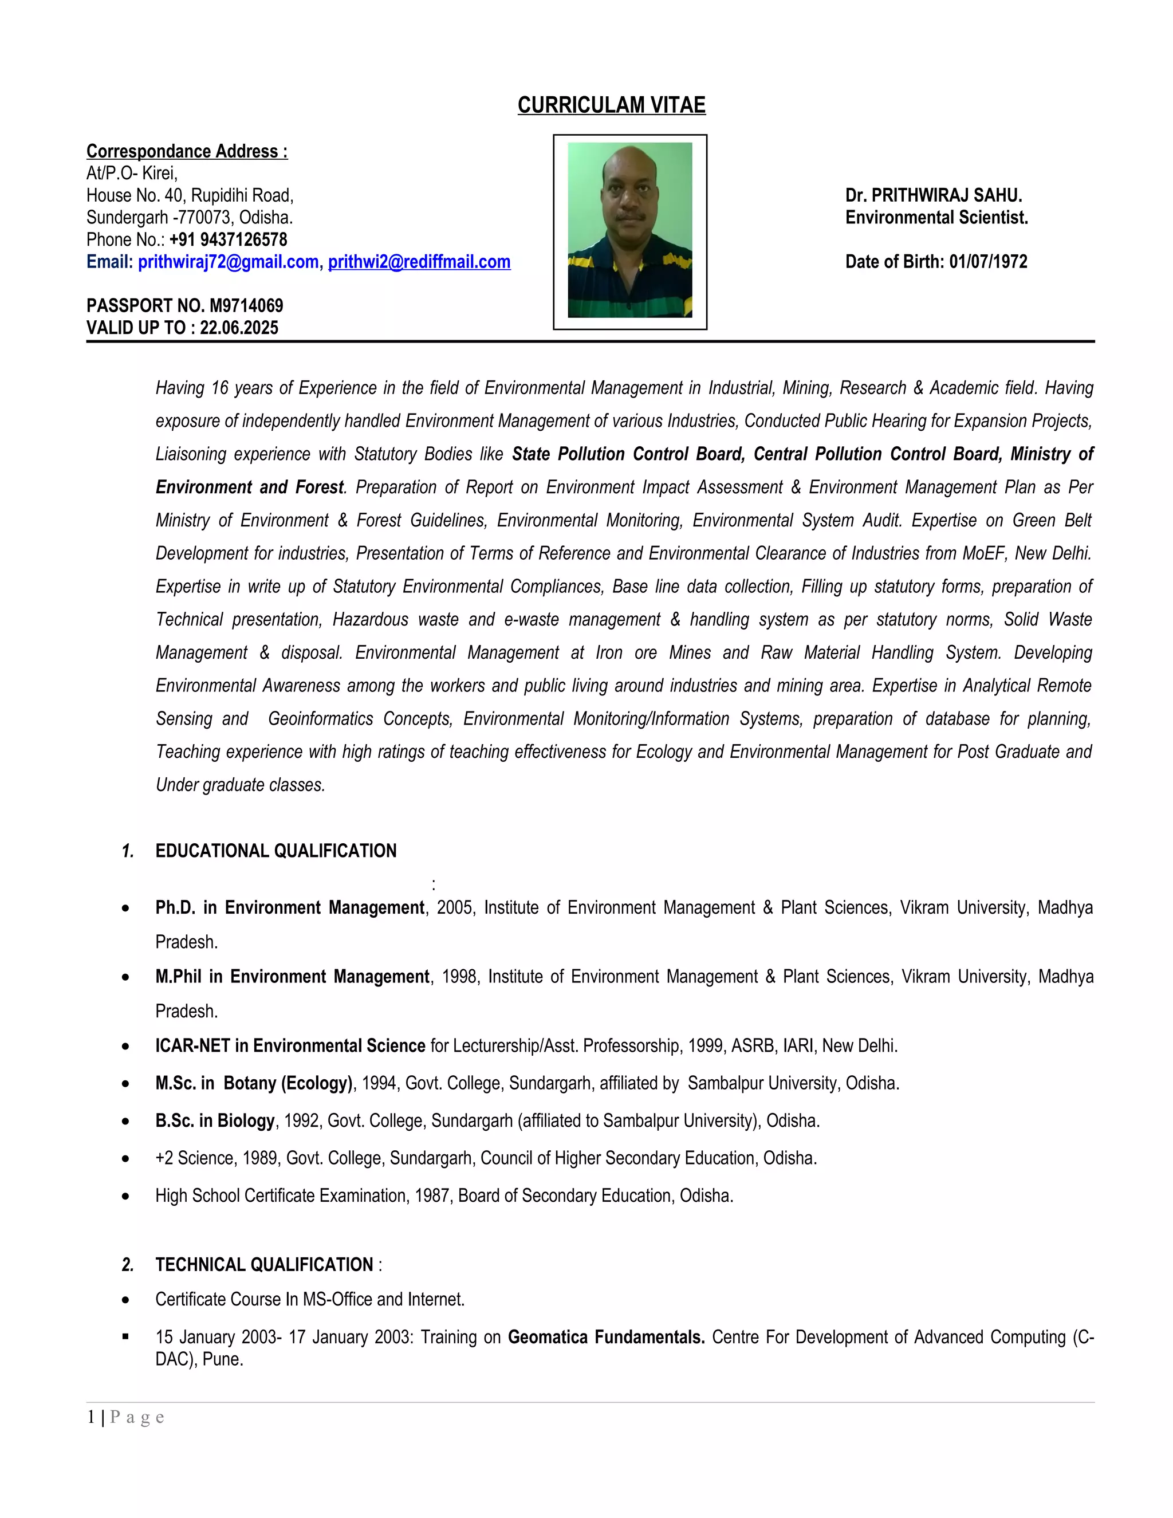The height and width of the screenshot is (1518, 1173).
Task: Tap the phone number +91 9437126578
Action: point(228,240)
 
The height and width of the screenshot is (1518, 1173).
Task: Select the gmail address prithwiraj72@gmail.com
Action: point(228,262)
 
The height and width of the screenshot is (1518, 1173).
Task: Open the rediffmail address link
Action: point(419,262)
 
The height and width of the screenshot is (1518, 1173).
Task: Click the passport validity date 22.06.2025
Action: point(239,328)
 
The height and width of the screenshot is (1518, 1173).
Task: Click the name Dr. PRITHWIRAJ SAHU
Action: point(933,195)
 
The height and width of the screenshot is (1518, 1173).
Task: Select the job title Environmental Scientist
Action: point(936,218)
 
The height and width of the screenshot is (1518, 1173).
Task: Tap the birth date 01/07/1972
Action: point(987,262)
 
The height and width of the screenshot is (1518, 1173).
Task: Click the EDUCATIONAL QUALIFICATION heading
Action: point(276,851)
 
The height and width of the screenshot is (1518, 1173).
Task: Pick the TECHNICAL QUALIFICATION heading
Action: point(264,1264)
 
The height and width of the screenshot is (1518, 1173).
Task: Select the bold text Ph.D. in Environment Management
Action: point(290,908)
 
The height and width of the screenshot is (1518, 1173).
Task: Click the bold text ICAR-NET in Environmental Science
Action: point(290,1045)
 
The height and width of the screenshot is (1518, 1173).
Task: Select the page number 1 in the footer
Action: point(91,1417)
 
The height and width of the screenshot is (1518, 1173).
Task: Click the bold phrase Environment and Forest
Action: point(250,487)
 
